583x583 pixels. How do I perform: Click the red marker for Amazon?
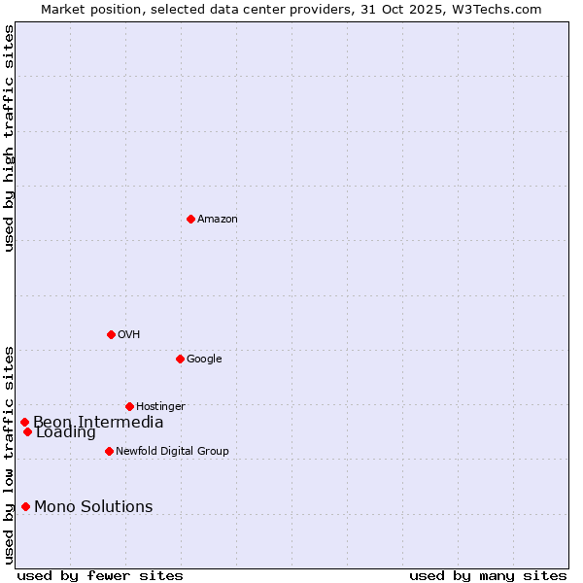190,219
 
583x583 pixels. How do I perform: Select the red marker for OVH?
111,334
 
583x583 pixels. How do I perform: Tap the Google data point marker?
180,359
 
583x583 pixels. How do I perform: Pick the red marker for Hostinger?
129,406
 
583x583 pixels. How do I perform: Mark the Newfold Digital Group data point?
109,451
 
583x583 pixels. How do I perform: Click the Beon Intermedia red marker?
24,422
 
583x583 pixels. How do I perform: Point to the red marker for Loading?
27,432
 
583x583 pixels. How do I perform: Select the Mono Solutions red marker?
25,506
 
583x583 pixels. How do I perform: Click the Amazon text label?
218,219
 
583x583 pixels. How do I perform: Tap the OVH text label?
129,334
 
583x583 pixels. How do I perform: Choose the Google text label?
204,359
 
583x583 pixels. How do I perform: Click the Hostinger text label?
160,406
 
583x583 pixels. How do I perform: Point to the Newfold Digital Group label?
172,451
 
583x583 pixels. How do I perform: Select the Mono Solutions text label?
93,506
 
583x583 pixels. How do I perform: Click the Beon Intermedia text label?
98,421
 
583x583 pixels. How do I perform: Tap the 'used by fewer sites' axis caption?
100,575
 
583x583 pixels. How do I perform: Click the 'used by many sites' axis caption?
488,575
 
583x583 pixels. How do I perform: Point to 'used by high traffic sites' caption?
9,138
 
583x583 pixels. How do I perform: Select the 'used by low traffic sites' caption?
9,454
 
